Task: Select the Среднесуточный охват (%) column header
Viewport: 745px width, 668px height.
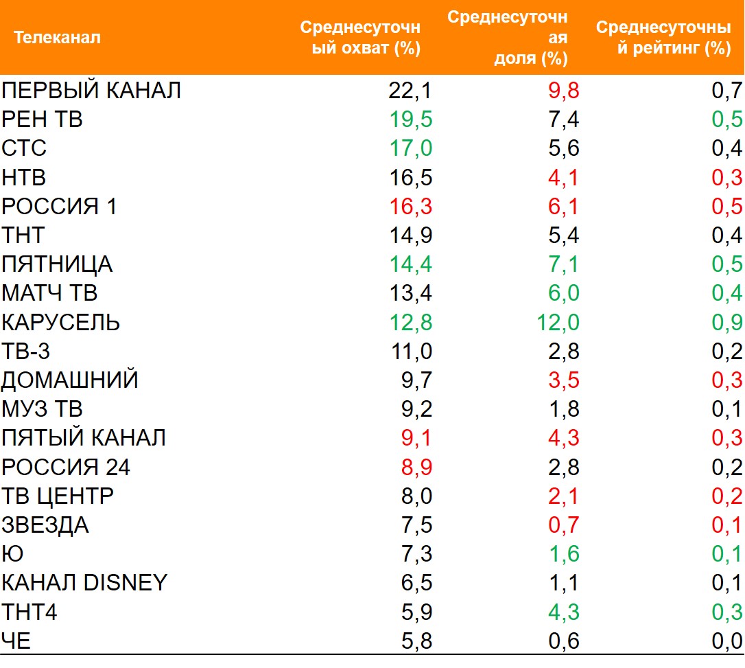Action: click(x=360, y=38)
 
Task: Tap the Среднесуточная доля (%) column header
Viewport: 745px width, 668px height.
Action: click(x=508, y=37)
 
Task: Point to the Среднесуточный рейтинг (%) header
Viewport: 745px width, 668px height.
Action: click(x=663, y=38)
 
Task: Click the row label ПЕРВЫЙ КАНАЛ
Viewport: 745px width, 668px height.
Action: click(x=91, y=90)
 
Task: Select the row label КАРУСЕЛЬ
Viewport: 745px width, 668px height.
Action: click(x=61, y=322)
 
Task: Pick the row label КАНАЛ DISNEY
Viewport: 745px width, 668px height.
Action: click(x=84, y=583)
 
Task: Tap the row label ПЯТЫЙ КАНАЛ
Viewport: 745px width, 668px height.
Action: click(x=84, y=438)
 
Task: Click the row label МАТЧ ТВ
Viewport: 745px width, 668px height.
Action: click(x=49, y=293)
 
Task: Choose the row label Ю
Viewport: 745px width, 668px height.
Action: click(x=12, y=554)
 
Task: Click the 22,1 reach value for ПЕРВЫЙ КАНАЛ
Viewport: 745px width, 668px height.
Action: click(x=410, y=90)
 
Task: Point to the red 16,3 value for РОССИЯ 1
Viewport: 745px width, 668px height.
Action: click(x=410, y=206)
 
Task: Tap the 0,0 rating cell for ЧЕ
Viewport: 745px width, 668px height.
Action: click(x=726, y=641)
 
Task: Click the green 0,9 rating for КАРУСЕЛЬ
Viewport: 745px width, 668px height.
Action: click(x=726, y=322)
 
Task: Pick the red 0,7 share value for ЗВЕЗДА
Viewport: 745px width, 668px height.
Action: click(x=563, y=525)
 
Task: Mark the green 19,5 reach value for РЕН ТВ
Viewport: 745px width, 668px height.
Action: click(x=410, y=119)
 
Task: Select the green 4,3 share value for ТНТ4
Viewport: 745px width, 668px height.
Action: click(x=563, y=612)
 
